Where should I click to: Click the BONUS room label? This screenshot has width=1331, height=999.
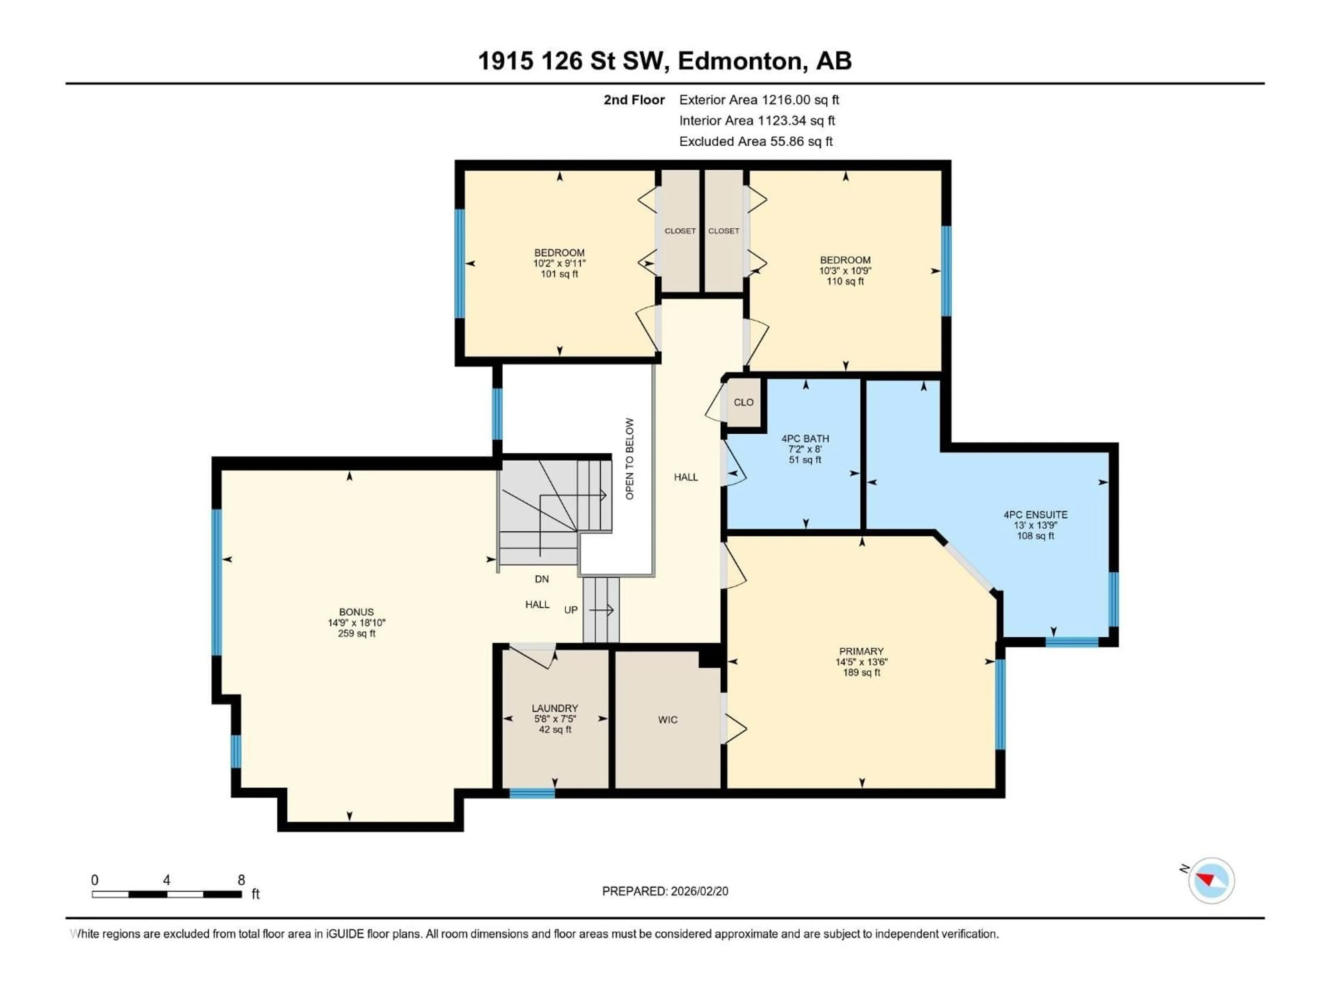pyautogui.click(x=356, y=612)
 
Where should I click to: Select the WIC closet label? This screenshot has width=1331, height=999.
pyautogui.click(x=667, y=720)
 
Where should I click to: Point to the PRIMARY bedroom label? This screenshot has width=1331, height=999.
pyautogui.click(x=861, y=651)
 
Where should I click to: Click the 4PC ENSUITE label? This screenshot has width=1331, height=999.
pyautogui.click(x=1035, y=514)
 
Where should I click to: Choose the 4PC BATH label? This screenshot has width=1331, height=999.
pyautogui.click(x=805, y=438)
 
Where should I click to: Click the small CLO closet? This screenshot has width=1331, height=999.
pyautogui.click(x=743, y=402)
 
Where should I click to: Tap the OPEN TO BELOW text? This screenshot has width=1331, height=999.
pyautogui.click(x=629, y=459)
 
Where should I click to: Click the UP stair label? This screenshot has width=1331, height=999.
pyautogui.click(x=571, y=610)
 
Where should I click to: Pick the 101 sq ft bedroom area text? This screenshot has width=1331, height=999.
pyautogui.click(x=559, y=274)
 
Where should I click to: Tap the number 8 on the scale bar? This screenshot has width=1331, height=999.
pyautogui.click(x=241, y=880)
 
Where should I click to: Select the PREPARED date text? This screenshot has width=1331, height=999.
pyautogui.click(x=665, y=891)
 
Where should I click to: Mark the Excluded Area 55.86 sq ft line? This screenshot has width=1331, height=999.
pyautogui.click(x=755, y=142)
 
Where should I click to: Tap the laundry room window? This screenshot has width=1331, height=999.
pyautogui.click(x=532, y=793)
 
